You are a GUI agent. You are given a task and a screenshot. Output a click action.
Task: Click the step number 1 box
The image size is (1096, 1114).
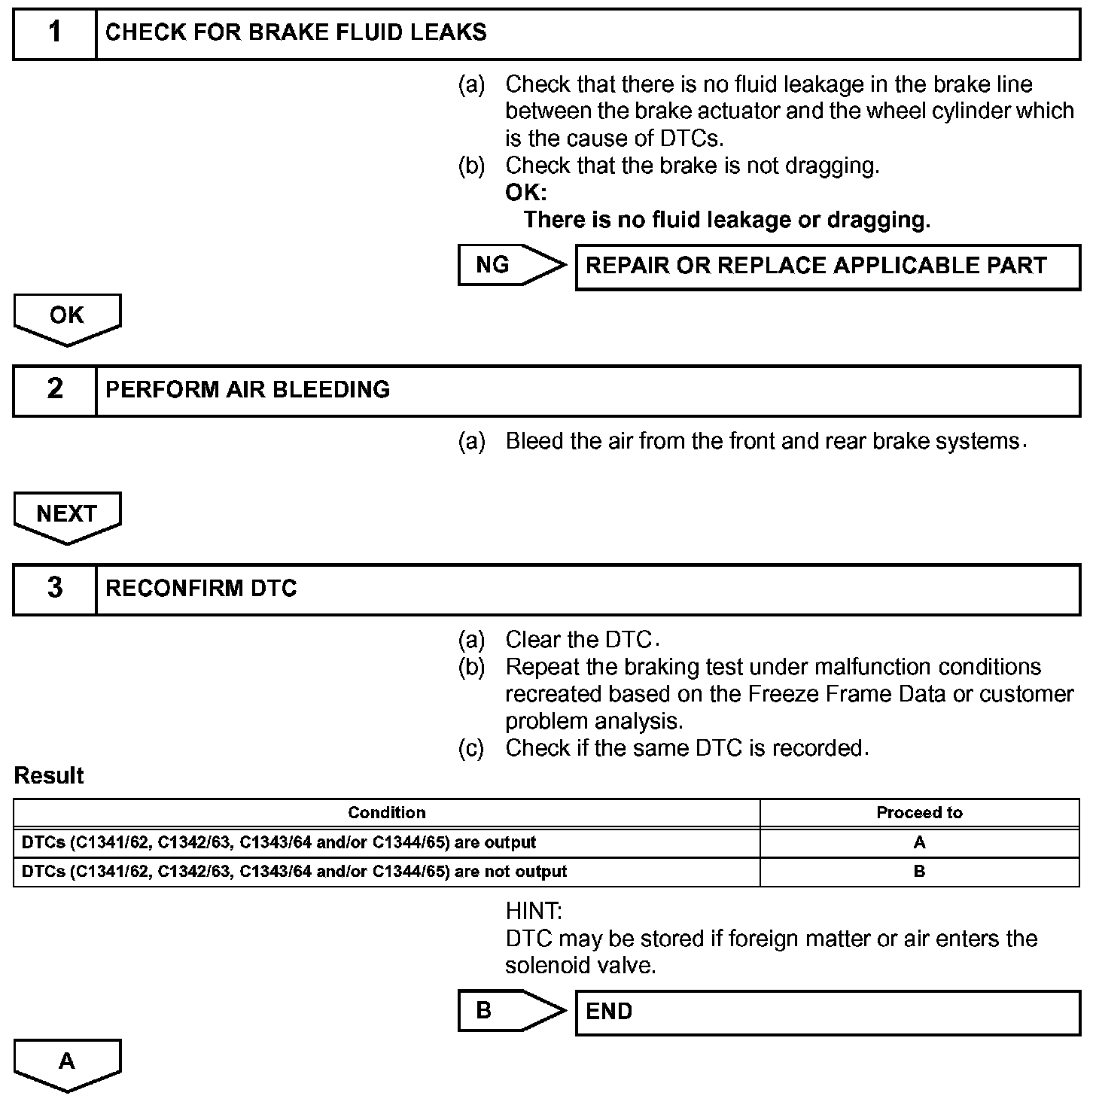[x=55, y=33]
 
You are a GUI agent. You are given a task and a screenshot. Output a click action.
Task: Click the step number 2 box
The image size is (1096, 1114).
[x=55, y=390]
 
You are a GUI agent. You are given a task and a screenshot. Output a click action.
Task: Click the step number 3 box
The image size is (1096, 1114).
[x=55, y=589]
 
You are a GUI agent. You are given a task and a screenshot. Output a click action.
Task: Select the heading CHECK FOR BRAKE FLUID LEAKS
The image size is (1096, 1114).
[x=296, y=33]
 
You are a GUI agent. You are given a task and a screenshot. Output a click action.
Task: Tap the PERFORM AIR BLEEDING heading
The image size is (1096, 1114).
[x=248, y=390]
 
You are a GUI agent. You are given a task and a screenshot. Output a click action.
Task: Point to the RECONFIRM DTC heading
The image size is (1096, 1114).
[x=201, y=589]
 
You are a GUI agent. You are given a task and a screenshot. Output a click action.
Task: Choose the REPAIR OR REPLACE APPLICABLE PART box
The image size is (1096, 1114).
[x=827, y=266]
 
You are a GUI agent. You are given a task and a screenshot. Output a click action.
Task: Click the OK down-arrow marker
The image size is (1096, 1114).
[x=67, y=318]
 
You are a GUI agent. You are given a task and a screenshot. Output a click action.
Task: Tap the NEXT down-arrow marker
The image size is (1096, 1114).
[x=67, y=516]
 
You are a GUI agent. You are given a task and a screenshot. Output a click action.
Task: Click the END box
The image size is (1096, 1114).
[x=827, y=1012]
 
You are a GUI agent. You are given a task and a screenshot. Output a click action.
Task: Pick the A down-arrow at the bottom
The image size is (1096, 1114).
[x=67, y=1064]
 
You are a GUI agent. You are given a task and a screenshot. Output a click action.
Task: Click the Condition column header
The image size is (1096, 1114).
[x=386, y=813]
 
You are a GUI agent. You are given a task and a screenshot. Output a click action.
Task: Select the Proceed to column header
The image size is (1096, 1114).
[x=919, y=813]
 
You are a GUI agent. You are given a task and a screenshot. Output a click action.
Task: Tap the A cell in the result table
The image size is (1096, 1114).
[x=919, y=843]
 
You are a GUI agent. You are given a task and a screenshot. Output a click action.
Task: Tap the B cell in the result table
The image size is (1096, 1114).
[x=919, y=872]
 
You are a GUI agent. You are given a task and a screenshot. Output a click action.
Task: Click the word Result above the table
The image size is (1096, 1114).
[x=49, y=776]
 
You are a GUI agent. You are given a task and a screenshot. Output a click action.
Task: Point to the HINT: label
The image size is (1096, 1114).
[x=534, y=912]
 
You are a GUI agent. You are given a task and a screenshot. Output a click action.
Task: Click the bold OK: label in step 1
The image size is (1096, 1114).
[x=525, y=193]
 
